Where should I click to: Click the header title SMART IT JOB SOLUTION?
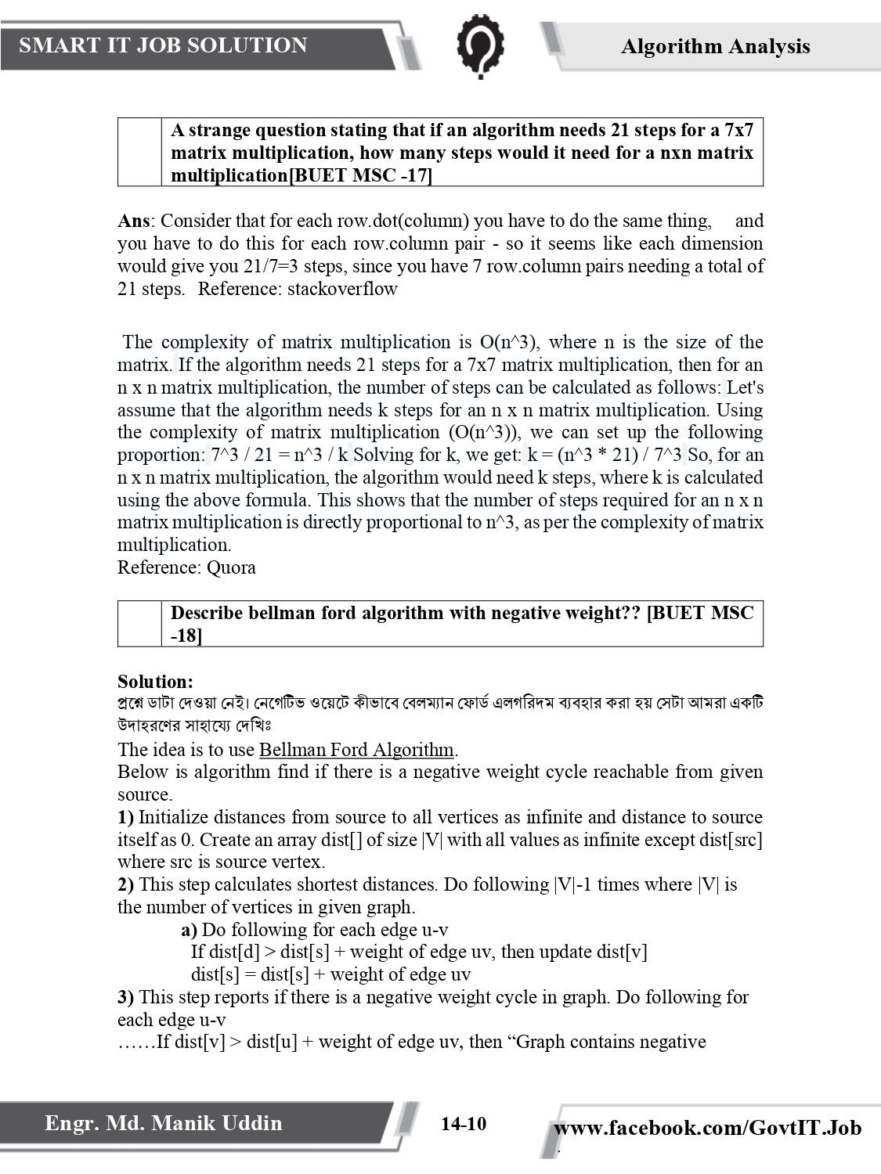163,45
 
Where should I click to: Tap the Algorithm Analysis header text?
715,46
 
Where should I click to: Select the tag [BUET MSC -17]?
360,175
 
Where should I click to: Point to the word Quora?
231,567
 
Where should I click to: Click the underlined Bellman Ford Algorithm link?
356,750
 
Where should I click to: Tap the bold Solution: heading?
155,682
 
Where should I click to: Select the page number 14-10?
463,1125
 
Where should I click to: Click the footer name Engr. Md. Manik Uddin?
163,1123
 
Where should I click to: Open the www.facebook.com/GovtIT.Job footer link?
707,1128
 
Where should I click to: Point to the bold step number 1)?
125,817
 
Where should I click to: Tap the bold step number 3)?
125,997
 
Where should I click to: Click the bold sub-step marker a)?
189,930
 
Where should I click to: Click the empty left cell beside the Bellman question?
139,624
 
